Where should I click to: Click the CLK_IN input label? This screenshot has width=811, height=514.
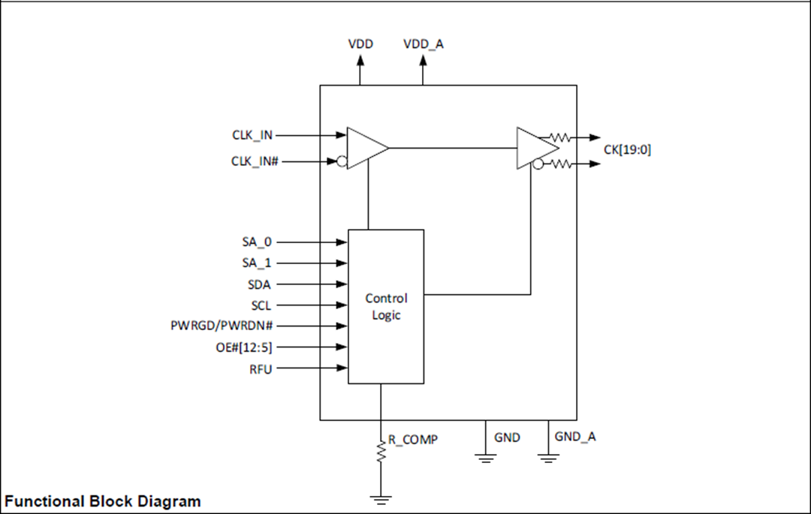pyautogui.click(x=252, y=135)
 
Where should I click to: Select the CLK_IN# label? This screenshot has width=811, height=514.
pyautogui.click(x=255, y=161)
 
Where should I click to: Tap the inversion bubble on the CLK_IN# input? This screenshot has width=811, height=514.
pyautogui.click(x=342, y=161)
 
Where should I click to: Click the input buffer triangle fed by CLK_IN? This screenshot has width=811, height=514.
pyautogui.click(x=365, y=148)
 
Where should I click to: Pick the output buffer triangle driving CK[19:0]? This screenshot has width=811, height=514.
pyautogui.click(x=535, y=148)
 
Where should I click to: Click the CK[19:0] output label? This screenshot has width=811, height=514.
pyautogui.click(x=627, y=149)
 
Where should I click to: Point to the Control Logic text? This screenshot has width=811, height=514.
pyautogui.click(x=386, y=307)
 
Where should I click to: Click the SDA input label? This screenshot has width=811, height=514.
pyautogui.click(x=260, y=284)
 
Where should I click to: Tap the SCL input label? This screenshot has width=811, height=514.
pyautogui.click(x=261, y=305)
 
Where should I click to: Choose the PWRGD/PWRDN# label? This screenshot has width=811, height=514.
pyautogui.click(x=222, y=326)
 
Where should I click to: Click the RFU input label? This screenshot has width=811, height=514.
pyautogui.click(x=261, y=368)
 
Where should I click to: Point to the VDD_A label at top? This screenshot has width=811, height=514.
pyautogui.click(x=423, y=44)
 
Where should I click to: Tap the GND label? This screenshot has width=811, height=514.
pyautogui.click(x=507, y=437)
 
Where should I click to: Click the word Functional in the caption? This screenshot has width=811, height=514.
pyautogui.click(x=45, y=500)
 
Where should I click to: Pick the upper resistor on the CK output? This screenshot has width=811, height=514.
pyautogui.click(x=560, y=137)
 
